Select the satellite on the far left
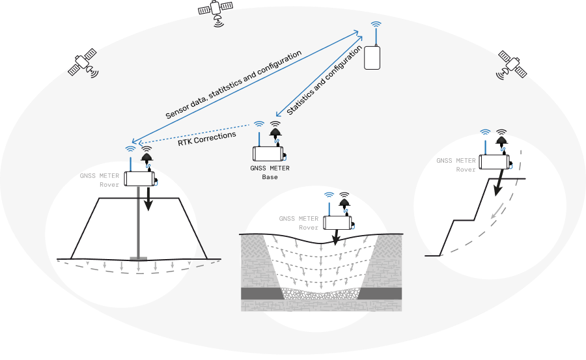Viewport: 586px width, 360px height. coord(83,64)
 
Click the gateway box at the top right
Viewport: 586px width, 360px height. coord(372,57)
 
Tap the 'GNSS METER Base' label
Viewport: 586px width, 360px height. coord(270,172)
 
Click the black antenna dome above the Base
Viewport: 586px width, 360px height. coord(276,133)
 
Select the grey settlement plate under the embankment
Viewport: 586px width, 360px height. coord(139,259)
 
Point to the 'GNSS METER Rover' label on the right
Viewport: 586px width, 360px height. coord(456,165)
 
